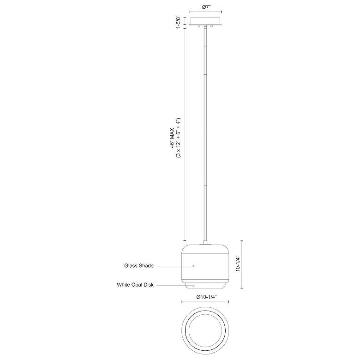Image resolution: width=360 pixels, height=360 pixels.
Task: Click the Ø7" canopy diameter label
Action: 205,7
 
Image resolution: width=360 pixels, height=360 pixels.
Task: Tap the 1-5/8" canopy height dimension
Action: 179,22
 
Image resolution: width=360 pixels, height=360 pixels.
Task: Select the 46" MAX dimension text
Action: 172,137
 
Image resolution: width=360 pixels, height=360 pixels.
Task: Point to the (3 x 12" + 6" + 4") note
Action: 179,138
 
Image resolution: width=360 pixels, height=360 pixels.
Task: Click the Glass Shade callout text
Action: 139,266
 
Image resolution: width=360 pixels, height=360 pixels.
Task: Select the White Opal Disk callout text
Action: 135,285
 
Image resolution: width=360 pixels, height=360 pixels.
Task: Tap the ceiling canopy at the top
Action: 205,21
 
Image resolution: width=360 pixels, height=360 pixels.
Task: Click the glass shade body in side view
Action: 205,264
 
